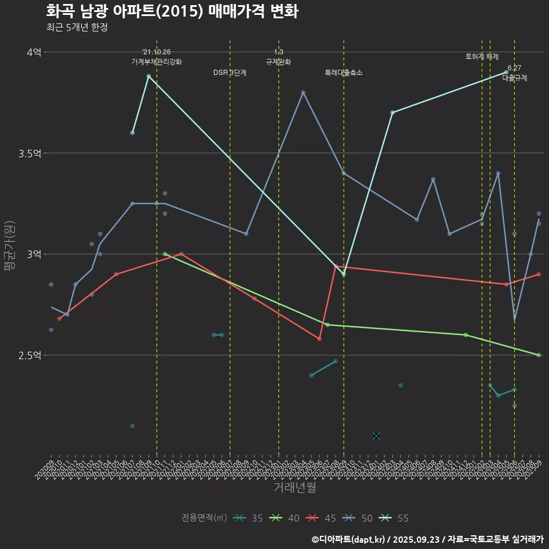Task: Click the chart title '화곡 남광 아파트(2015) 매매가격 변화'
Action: [172, 11]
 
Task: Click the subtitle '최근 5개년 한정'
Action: [77, 27]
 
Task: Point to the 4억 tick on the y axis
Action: [34, 52]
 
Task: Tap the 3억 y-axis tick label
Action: [34, 254]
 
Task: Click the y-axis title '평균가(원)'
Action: [10, 246]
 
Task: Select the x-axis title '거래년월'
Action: [295, 488]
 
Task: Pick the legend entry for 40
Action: [287, 518]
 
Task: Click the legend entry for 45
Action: [323, 518]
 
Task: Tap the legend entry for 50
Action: [360, 518]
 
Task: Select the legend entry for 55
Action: [396, 518]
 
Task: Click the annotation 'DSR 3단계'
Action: [230, 73]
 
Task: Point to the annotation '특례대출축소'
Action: [344, 73]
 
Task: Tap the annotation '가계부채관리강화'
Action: [157, 62]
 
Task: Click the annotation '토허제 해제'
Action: [482, 57]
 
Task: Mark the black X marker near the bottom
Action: [376, 436]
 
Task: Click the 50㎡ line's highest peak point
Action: [303, 92]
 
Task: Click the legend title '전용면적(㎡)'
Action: [204, 518]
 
